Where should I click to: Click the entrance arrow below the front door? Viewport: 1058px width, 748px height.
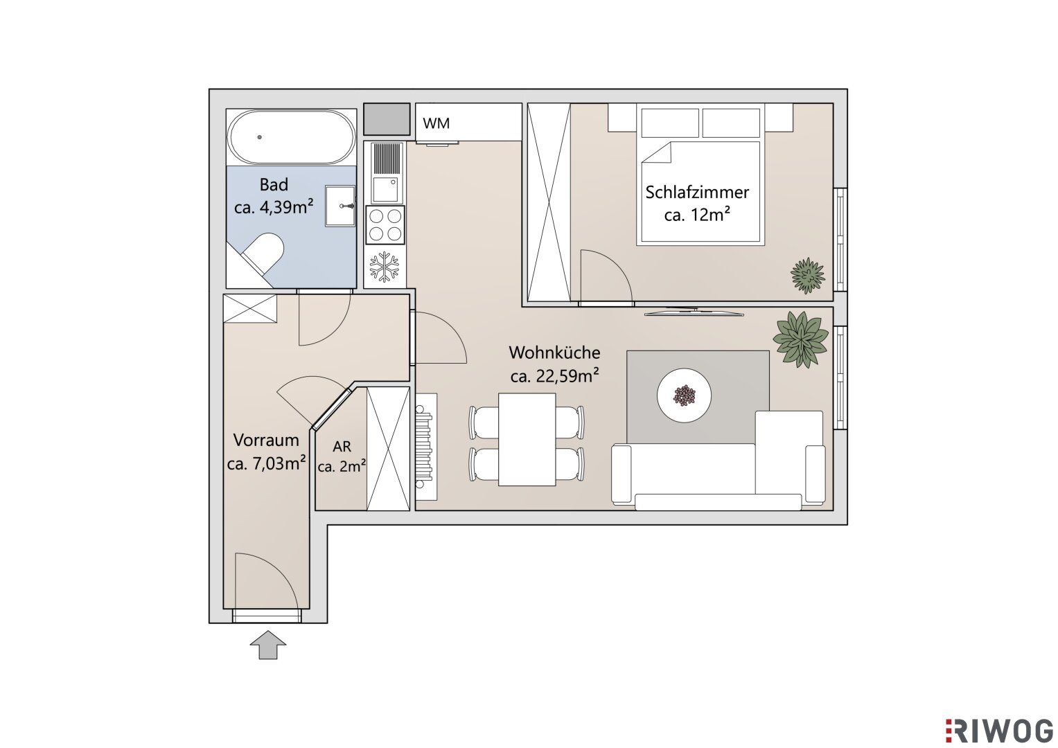268,645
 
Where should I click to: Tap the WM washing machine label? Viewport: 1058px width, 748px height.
436,124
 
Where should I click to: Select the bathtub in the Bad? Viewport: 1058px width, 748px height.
292,137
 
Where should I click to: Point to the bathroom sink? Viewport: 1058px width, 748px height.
340,206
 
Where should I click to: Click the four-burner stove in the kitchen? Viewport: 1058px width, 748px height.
385,225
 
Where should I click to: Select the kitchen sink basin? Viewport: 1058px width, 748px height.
385,190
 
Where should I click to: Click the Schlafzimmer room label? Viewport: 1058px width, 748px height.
697,193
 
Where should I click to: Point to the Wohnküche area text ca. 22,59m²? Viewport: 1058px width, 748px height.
554,376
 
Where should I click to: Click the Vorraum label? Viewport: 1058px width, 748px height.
266,440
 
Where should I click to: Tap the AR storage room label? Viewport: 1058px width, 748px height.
342,446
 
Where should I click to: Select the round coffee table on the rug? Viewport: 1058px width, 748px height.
684,395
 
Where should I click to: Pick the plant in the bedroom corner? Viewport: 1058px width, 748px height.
808,276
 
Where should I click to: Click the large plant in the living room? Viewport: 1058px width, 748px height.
800,339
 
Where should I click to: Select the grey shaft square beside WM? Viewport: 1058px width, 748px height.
387,119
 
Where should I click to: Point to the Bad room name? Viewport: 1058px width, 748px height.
274,185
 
